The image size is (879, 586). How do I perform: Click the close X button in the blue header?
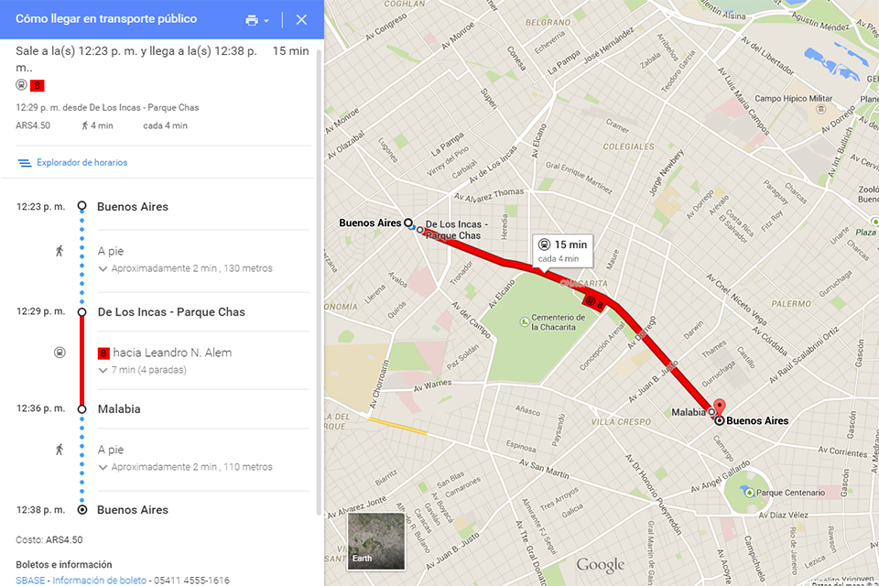tap(301, 20)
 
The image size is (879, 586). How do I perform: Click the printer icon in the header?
tap(253, 20)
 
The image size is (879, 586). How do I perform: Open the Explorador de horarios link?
tap(81, 163)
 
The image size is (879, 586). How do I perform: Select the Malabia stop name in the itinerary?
tap(119, 409)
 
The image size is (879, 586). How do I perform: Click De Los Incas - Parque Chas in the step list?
tap(171, 312)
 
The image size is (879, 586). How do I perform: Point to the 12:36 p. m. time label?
tap(40, 409)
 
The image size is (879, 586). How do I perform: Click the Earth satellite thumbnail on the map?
tap(374, 539)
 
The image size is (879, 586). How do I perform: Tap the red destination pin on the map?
tap(719, 407)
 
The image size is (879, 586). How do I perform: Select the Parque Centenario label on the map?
tap(789, 493)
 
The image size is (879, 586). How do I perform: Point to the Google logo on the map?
tap(600, 565)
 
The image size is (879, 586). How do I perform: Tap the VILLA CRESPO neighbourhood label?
tap(618, 422)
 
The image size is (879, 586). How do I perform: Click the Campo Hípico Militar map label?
tap(793, 99)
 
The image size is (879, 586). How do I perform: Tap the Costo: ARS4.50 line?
tap(49, 540)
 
